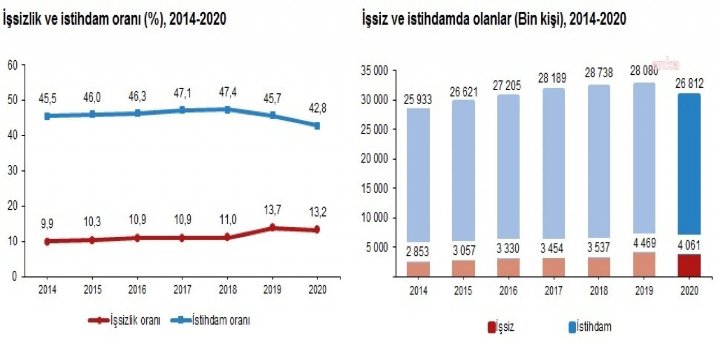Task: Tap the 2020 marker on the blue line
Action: click(317, 125)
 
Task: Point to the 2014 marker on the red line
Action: click(47, 241)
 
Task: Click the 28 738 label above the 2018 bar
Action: click(598, 73)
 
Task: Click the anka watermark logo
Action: click(665, 65)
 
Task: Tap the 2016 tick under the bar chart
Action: click(508, 291)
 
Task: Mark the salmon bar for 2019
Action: click(643, 264)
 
